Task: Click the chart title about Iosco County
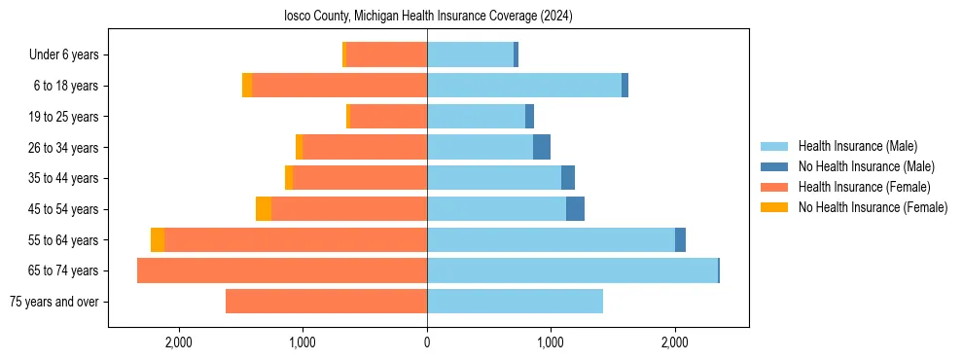pyautogui.click(x=428, y=17)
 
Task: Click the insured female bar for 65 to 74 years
pyautogui.click(x=282, y=270)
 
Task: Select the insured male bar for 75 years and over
pyautogui.click(x=515, y=302)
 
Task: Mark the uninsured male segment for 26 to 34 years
pyautogui.click(x=542, y=147)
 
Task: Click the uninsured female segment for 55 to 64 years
pyautogui.click(x=158, y=240)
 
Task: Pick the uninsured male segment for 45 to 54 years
pyautogui.click(x=575, y=209)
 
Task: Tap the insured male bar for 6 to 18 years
pyautogui.click(x=524, y=86)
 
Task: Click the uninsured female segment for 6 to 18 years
pyautogui.click(x=247, y=86)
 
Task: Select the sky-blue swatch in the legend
pyautogui.click(x=774, y=146)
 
